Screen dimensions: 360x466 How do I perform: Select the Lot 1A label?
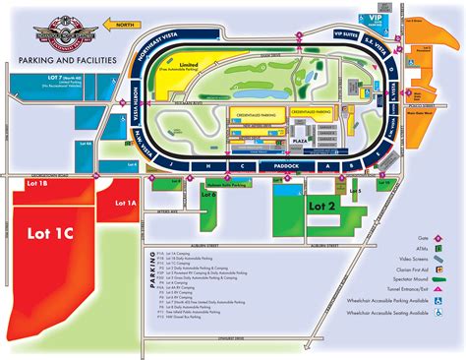126,203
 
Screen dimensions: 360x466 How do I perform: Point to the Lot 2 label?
321,207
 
